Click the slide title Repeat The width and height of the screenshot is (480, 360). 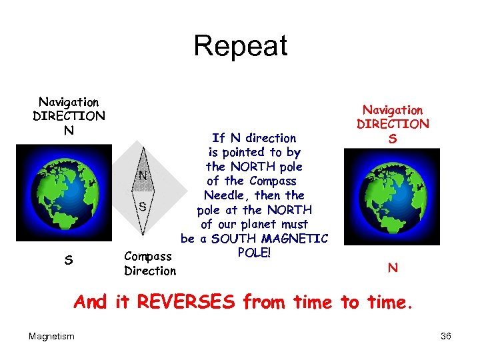240,46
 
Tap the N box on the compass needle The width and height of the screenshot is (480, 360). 142,176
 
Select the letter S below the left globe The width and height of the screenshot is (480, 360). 69,260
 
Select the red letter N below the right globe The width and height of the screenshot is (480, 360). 393,268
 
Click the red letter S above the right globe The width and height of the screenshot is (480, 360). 393,139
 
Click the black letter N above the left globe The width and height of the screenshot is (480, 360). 69,130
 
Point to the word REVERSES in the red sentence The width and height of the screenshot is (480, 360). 186,303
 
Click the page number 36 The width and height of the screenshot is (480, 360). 446,337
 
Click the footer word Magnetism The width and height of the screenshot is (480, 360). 51,337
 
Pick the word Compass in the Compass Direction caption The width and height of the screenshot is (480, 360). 148,256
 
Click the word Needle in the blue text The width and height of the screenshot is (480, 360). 225,195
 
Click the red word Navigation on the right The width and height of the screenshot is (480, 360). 393,110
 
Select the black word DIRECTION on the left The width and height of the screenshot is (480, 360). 69,116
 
